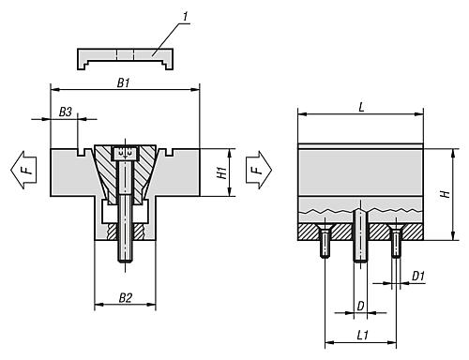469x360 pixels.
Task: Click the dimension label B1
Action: click(x=124, y=82)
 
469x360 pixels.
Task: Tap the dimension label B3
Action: click(x=66, y=112)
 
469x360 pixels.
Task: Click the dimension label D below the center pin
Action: click(x=361, y=305)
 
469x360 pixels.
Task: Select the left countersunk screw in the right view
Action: click(x=325, y=242)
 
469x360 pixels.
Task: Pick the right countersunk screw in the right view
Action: click(x=396, y=242)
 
